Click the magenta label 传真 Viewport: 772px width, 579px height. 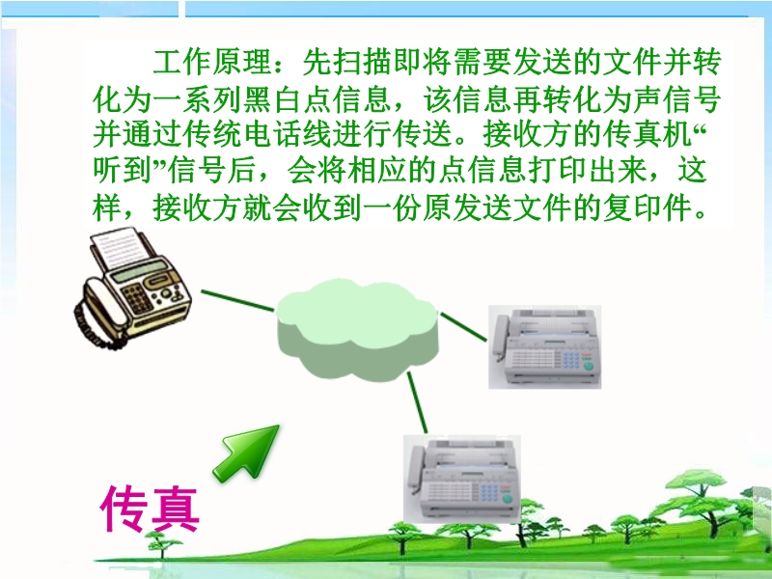[x=150, y=509]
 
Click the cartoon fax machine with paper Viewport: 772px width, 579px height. [x=132, y=289]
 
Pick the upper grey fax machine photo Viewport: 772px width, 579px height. [x=544, y=346]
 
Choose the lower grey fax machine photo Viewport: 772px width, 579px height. [x=462, y=479]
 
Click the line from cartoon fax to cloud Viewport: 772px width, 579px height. [x=237, y=301]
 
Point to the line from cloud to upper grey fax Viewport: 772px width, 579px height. [x=463, y=326]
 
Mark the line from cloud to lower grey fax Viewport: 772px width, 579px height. [x=417, y=402]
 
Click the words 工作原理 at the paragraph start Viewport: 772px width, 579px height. [x=212, y=62]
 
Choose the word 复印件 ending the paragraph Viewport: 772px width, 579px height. [x=648, y=207]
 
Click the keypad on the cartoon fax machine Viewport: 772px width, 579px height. [x=138, y=298]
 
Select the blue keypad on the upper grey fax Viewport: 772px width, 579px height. [x=571, y=359]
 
